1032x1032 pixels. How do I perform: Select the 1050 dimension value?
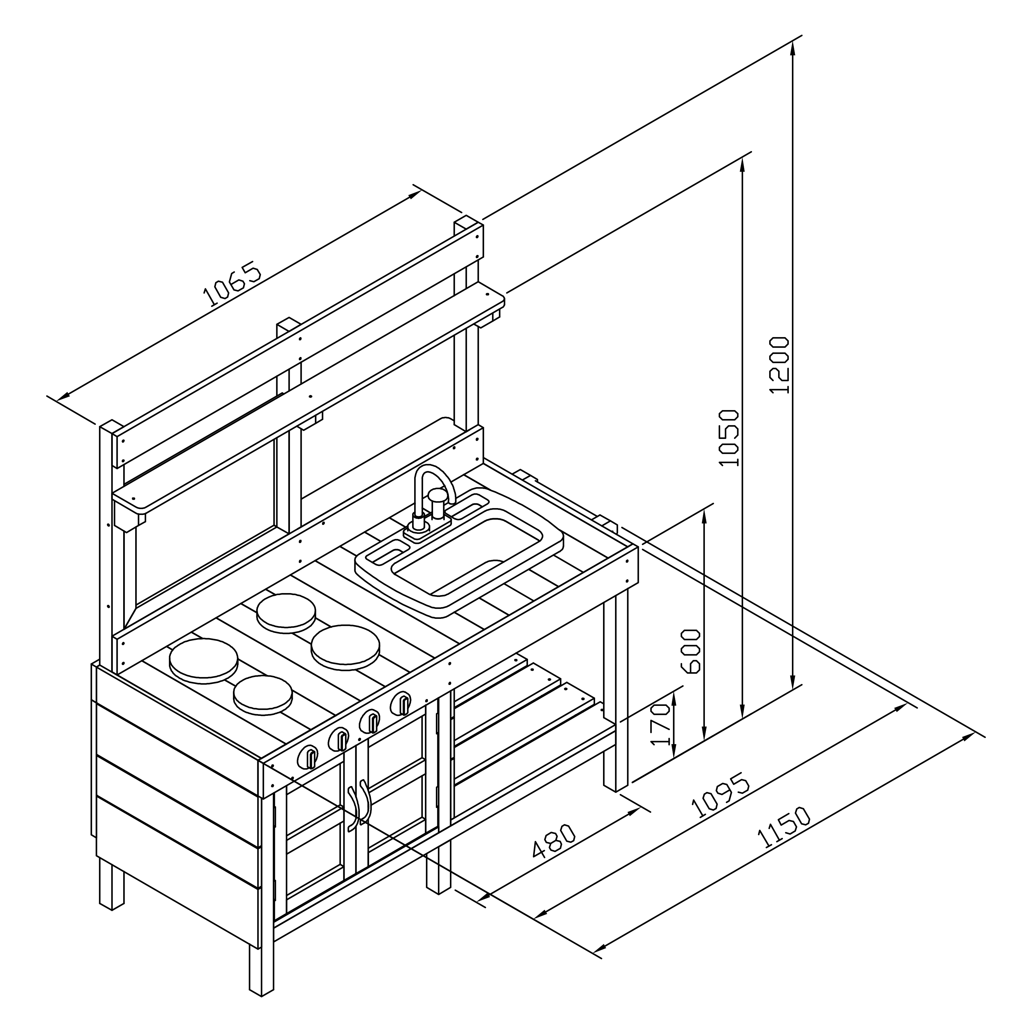729,438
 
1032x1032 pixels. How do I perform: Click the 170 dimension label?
662,724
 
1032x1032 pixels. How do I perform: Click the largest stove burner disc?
203,660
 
